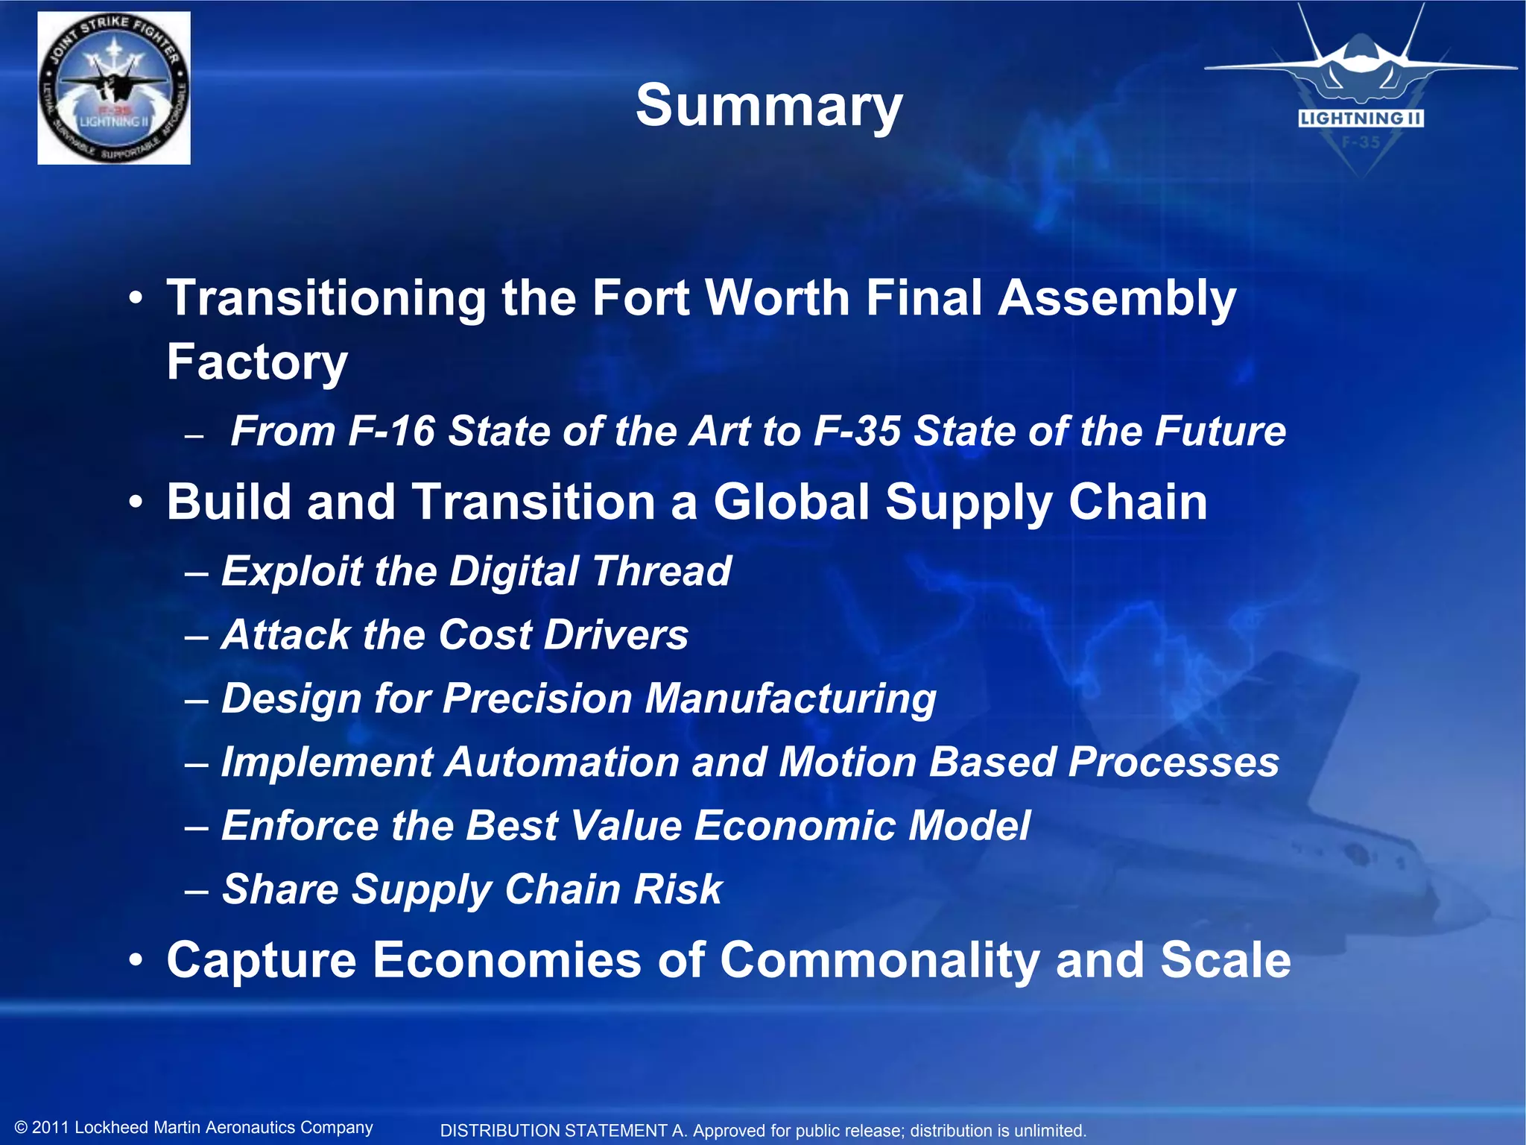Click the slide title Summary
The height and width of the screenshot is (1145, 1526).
(769, 106)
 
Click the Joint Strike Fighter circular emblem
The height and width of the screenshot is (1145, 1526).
(114, 88)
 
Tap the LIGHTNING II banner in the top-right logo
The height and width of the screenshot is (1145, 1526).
(1361, 119)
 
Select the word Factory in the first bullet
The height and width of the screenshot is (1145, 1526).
(257, 362)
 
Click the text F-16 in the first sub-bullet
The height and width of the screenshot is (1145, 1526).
(391, 431)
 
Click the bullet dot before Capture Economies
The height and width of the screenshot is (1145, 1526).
(135, 961)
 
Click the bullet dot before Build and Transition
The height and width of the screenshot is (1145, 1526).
(135, 503)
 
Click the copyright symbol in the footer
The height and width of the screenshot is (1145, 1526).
(21, 1128)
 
